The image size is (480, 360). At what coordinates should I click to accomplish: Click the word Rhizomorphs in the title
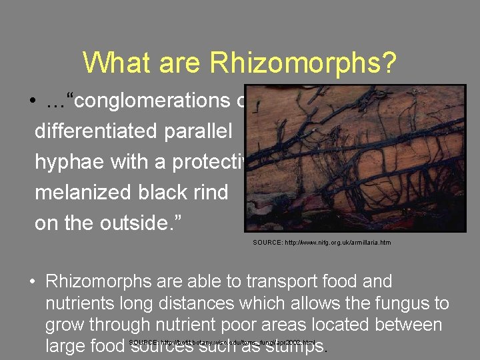(x=303, y=64)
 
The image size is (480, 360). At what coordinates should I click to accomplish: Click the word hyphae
(x=69, y=163)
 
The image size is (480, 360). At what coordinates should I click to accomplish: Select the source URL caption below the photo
(x=321, y=243)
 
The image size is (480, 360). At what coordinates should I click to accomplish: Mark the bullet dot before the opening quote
(x=32, y=102)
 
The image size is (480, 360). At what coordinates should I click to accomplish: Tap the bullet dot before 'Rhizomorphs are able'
(x=32, y=283)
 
